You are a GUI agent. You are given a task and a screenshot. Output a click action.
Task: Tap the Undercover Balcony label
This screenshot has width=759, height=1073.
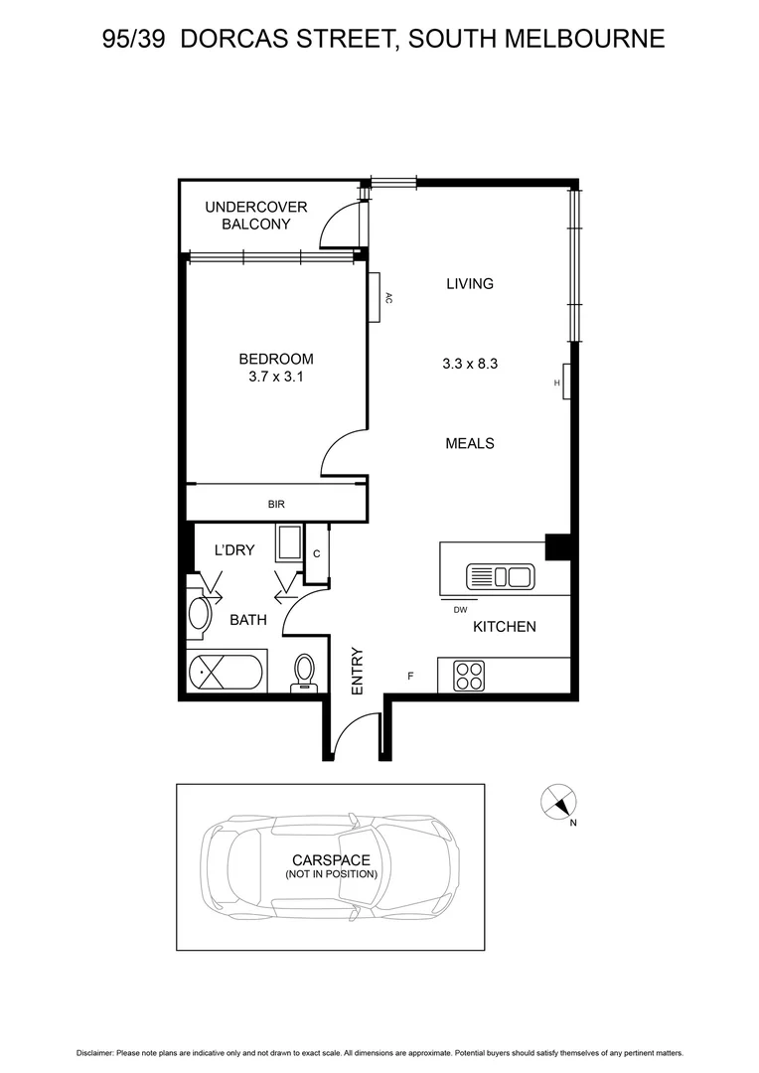[x=256, y=216]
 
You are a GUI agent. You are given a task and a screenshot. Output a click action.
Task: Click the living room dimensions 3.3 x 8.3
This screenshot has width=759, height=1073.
[x=469, y=364]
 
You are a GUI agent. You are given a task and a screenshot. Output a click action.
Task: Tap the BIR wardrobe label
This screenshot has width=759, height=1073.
[x=276, y=505]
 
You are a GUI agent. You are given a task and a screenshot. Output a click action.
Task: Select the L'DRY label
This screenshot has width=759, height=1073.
[x=235, y=550]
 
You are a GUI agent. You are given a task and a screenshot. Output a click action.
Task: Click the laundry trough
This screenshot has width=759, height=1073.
[x=290, y=545]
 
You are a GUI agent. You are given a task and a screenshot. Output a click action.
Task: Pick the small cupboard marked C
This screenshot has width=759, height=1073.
[x=317, y=553]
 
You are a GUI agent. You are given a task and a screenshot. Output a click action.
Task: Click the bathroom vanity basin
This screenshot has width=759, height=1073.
[x=200, y=613]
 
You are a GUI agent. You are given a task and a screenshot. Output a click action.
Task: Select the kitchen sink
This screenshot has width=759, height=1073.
[x=501, y=576]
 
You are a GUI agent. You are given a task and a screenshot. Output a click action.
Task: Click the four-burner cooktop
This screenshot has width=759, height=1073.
[x=469, y=676]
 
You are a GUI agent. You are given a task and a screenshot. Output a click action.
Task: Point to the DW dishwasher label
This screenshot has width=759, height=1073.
[x=460, y=610]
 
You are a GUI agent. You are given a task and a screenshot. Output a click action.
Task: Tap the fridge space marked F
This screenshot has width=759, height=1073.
[x=411, y=678]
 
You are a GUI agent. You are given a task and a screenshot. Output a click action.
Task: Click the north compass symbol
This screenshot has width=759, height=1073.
[x=558, y=802]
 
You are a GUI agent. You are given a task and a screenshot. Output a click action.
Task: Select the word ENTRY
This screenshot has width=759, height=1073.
[x=357, y=672]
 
